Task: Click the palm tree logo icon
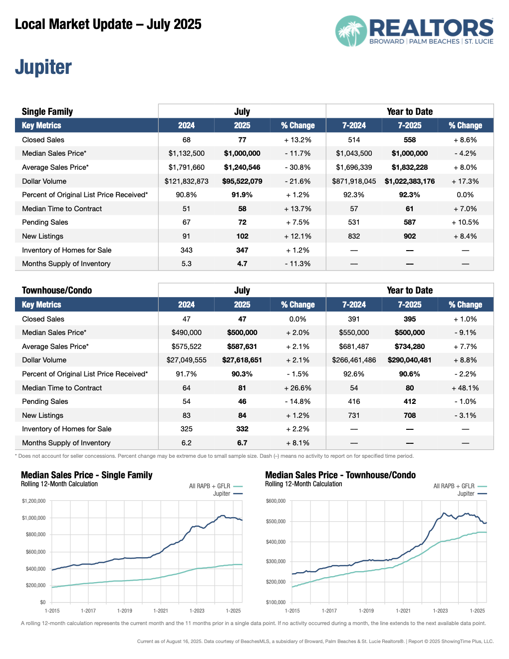point(351,31)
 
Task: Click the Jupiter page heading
point(43,67)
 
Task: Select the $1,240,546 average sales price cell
point(242,167)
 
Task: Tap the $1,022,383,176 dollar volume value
point(409,181)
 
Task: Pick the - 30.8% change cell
point(297,167)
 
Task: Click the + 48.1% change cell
point(465,388)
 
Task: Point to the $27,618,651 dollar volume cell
point(242,360)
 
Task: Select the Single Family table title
point(47,111)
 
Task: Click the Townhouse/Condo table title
point(57,290)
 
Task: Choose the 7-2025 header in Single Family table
point(409,125)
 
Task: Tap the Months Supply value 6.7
point(242,443)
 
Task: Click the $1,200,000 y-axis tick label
point(33,501)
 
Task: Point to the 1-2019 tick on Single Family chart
point(125,611)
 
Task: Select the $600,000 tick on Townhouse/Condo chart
point(275,501)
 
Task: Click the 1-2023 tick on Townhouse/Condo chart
point(440,611)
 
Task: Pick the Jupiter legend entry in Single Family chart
point(222,494)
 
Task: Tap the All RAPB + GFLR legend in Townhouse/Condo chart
point(454,486)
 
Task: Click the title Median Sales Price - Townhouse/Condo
point(340,475)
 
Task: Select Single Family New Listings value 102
point(242,236)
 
